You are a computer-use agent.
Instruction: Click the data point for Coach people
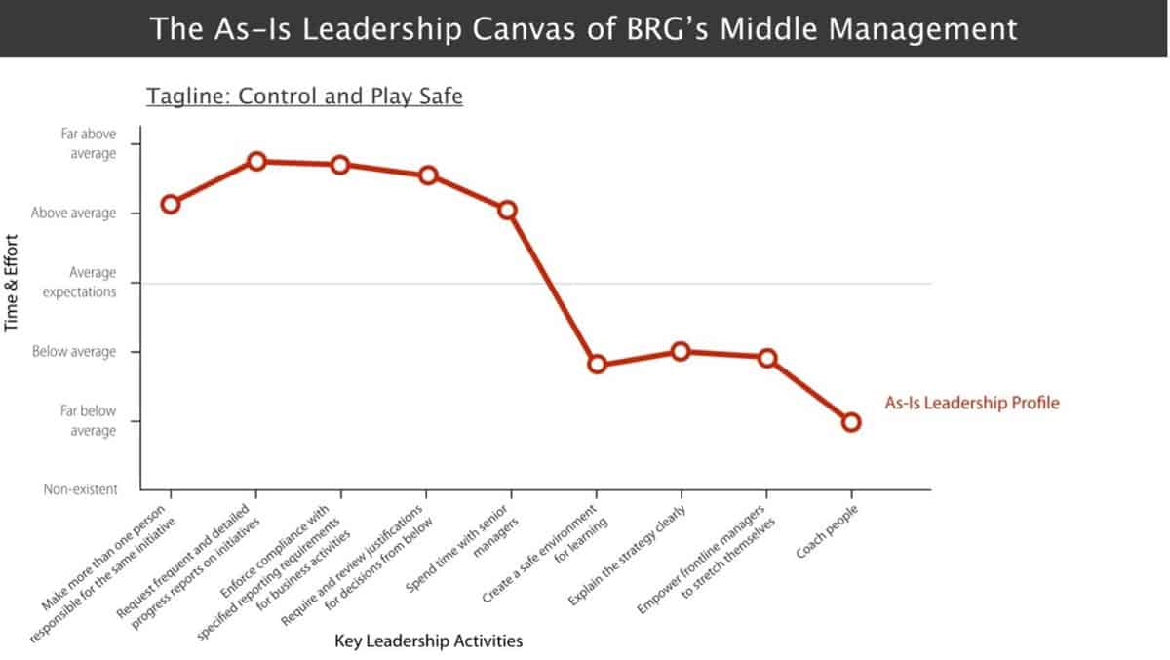[851, 422]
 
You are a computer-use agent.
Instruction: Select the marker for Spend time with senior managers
[507, 210]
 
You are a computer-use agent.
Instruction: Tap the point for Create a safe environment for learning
[597, 365]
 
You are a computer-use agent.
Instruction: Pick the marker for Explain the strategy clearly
[681, 351]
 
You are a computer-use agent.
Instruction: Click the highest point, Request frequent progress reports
[256, 161]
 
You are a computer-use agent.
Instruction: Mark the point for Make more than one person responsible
[171, 204]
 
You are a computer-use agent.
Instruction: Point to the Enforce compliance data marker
[340, 165]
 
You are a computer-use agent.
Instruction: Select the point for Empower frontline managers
[767, 358]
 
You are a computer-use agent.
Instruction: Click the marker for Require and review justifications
[427, 175]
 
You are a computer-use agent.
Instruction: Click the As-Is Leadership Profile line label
[971, 402]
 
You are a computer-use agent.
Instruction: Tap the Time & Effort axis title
[13, 283]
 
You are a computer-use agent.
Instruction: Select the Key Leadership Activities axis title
[428, 641]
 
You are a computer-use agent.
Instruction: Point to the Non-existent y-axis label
[80, 489]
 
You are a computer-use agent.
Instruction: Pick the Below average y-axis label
[74, 351]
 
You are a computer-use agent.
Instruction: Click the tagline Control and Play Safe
[303, 97]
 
